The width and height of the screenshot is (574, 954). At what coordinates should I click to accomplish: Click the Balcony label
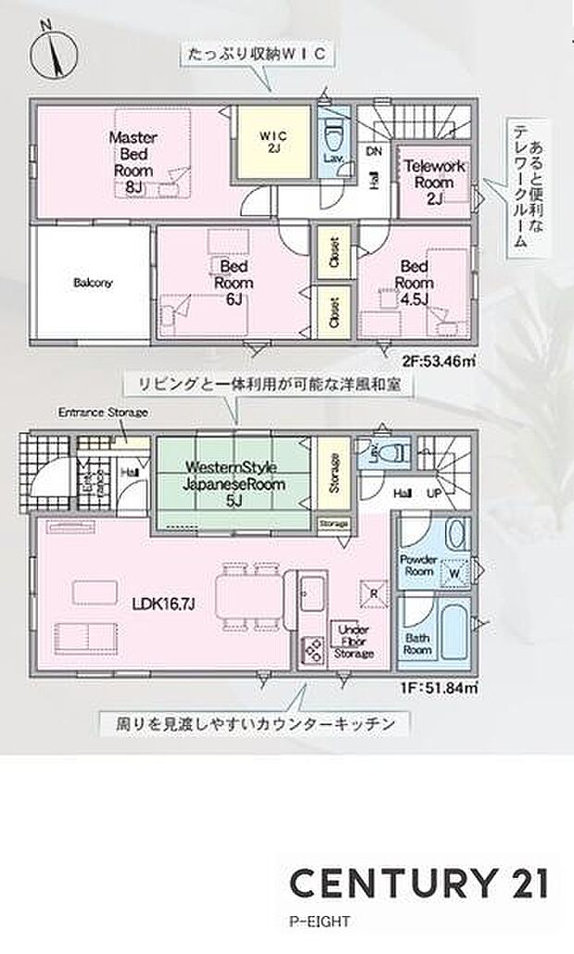[93, 283]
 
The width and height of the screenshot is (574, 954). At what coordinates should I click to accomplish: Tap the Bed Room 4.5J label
[416, 282]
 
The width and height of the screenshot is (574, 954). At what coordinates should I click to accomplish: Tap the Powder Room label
[417, 566]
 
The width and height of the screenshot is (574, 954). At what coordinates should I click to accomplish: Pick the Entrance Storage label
[102, 412]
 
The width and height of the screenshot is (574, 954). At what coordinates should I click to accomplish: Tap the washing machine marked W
[454, 572]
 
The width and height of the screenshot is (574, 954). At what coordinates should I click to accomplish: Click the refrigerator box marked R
[372, 594]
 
